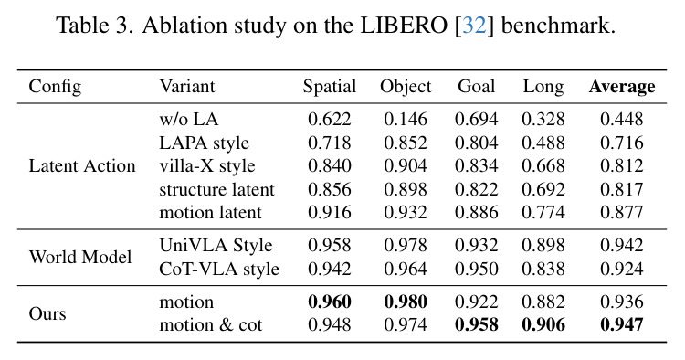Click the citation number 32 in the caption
tap(474, 26)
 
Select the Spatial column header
tap(330, 87)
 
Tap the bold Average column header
tap(622, 87)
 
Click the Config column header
tap(55, 87)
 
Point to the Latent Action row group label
tap(82, 166)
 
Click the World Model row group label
tap(80, 257)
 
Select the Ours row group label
tap(47, 313)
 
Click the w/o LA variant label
tap(189, 119)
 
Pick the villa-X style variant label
tap(207, 166)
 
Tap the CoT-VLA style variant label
tap(219, 270)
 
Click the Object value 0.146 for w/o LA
tap(406, 119)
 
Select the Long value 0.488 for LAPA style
tap(543, 143)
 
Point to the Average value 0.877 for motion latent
tap(622, 212)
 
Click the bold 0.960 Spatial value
tap(330, 302)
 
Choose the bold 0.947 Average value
tap(622, 325)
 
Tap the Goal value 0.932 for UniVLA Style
tap(476, 245)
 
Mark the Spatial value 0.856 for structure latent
tap(330, 189)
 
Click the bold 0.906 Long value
tap(543, 325)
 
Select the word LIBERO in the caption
tap(404, 26)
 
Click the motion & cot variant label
tap(211, 325)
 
